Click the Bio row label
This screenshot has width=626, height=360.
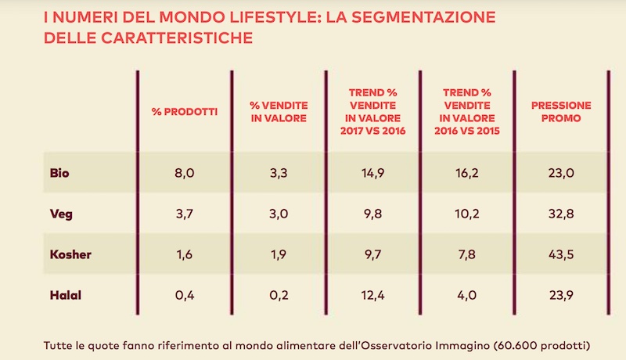[59, 173]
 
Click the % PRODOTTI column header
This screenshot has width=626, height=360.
[185, 111]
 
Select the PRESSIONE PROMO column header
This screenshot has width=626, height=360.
[561, 111]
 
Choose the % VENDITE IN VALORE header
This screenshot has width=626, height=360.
[279, 111]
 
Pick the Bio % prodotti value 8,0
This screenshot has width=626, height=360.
[185, 173]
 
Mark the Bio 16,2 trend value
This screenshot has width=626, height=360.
[466, 173]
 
